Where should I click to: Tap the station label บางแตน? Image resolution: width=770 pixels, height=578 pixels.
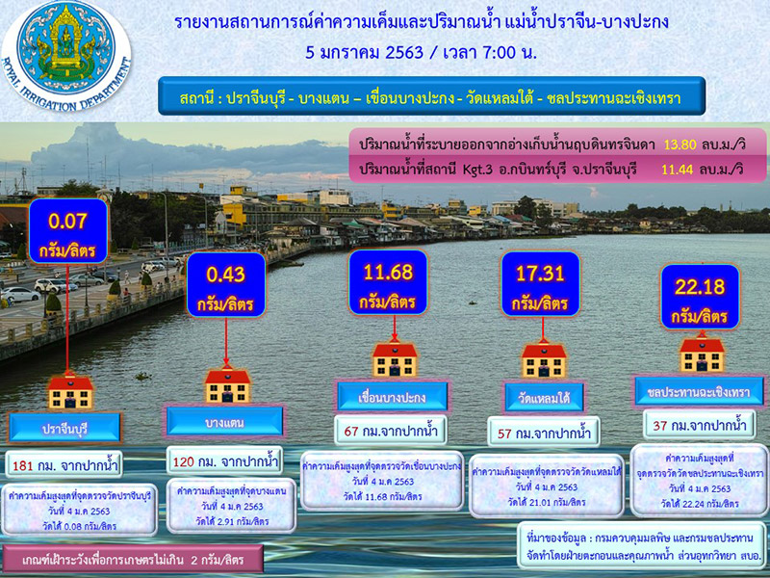pos(225,420)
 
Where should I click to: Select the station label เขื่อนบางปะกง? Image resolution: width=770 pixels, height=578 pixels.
pos(381,396)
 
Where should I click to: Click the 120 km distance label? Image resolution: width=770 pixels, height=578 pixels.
pos(223,459)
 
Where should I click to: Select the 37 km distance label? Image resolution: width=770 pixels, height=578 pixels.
pos(700,423)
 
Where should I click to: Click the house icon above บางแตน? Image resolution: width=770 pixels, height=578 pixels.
pos(227,385)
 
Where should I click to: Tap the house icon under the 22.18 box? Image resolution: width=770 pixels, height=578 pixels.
pos(702,353)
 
